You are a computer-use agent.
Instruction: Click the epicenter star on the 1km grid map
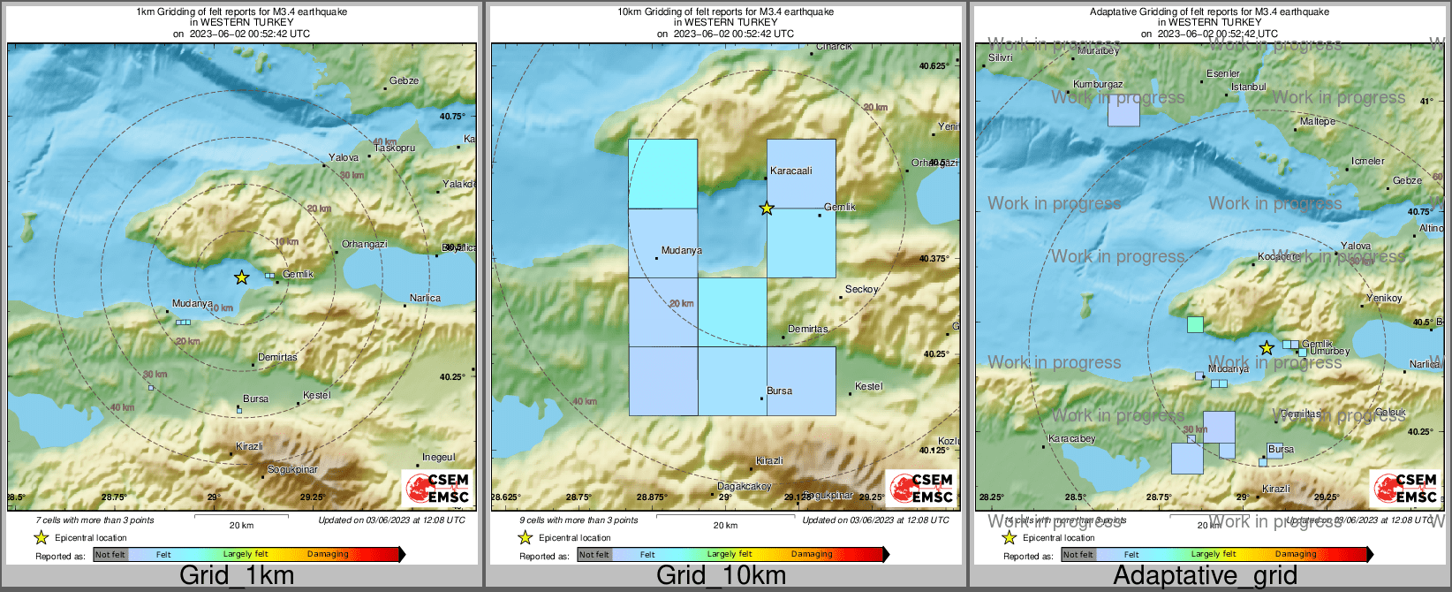click(241, 277)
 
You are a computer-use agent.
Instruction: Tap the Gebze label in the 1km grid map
click(404, 80)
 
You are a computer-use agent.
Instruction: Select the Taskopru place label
click(395, 148)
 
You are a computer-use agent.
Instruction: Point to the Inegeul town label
click(439, 457)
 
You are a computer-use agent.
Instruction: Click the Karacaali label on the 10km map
click(790, 171)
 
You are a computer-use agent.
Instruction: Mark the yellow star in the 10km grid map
click(767, 209)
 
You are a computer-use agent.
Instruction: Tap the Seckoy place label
click(861, 289)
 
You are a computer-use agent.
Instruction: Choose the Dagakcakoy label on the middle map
click(744, 487)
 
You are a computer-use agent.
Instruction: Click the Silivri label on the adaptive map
click(1001, 57)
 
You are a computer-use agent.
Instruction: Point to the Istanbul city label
click(1249, 87)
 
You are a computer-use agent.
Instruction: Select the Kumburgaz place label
click(1098, 85)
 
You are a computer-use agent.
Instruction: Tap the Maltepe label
click(1318, 121)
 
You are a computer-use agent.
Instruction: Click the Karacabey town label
click(1071, 438)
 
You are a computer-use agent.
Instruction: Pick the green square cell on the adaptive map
click(1195, 324)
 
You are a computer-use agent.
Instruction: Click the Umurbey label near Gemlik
click(1329, 351)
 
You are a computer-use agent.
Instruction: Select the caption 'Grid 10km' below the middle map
click(721, 575)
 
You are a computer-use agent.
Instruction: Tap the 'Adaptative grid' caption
click(1205, 575)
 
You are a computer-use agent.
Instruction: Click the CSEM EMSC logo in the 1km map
click(436, 487)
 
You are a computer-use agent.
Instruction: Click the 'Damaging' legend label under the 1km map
click(328, 554)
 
